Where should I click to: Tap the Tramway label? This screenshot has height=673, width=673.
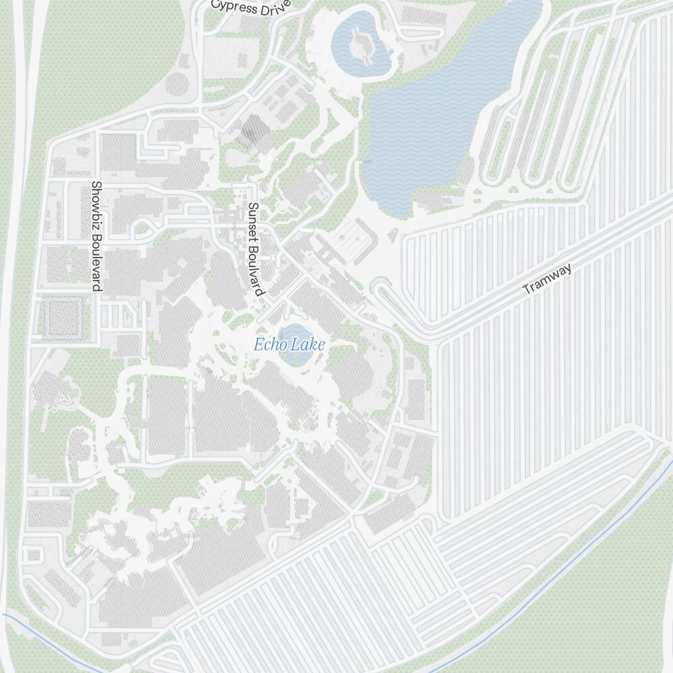click(548, 279)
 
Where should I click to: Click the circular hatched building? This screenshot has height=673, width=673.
click(177, 84)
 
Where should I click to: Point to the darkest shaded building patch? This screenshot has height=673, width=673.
click(254, 129)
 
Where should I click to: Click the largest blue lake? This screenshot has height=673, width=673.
click(431, 121)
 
